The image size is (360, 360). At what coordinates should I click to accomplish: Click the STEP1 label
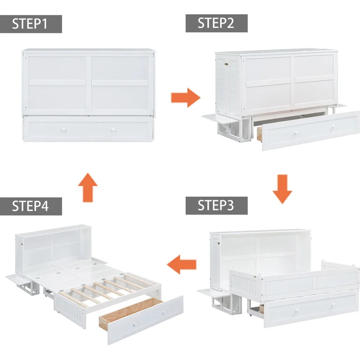pyautogui.click(x=31, y=24)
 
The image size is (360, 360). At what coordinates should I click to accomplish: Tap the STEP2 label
pyautogui.click(x=217, y=23)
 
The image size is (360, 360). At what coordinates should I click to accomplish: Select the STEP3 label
pyautogui.click(x=217, y=205)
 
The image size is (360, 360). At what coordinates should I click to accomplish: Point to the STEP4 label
pyautogui.click(x=31, y=206)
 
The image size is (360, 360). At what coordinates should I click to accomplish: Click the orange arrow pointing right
pyautogui.click(x=185, y=97)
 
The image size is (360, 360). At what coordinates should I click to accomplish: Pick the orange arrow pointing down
pyautogui.click(x=282, y=189)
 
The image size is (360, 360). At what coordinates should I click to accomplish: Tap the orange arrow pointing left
pyautogui.click(x=181, y=265)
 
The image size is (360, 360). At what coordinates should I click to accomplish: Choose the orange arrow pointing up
pyautogui.click(x=88, y=187)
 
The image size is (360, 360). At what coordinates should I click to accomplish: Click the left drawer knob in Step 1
pyautogui.click(x=63, y=130)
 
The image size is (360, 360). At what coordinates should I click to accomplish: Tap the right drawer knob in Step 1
pyautogui.click(x=113, y=130)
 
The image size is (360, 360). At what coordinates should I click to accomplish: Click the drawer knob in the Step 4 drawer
pyautogui.click(x=135, y=324)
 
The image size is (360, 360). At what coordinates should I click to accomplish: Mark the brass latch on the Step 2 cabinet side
pyautogui.click(x=226, y=64)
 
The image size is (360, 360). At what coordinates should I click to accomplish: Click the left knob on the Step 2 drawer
pyautogui.click(x=296, y=133)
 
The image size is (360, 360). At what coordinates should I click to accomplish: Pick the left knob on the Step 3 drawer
pyautogui.click(x=297, y=311)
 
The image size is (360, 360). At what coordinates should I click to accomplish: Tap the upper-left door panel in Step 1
pyautogui.click(x=57, y=68)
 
